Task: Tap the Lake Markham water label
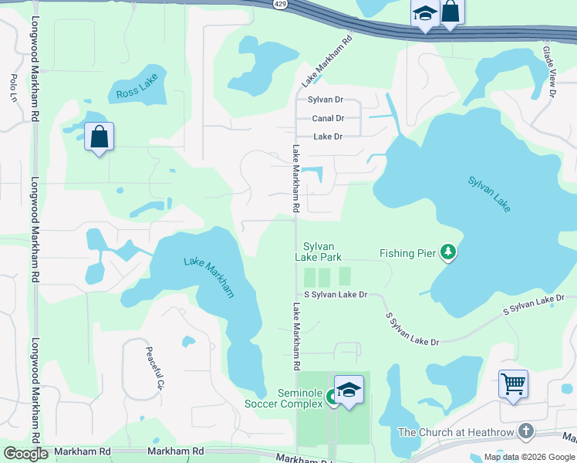coord(209,276)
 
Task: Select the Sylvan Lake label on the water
coord(489,194)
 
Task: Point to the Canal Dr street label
coord(328,118)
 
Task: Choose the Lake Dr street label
coord(327,137)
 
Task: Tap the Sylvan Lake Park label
coord(318,251)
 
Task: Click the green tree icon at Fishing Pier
coord(448,252)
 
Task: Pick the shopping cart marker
coord(513,383)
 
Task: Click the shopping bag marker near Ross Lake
coord(99,137)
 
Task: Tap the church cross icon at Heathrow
coord(526,431)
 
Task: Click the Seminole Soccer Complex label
coord(283,398)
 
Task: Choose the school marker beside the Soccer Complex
coord(349,390)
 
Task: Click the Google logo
coord(26,454)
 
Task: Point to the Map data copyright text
coord(528,457)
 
